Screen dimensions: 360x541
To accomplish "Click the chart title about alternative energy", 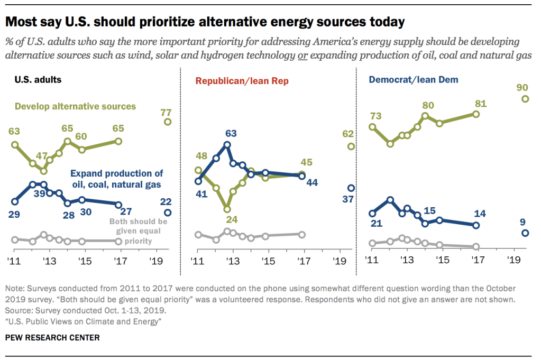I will tap(205, 22).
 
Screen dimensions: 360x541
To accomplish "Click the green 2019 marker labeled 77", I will tap(168, 122).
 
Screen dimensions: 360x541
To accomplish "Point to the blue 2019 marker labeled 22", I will tap(168, 213).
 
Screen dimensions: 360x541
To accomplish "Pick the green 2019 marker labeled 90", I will tap(525, 99).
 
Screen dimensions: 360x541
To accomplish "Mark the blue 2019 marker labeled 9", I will tap(525, 233).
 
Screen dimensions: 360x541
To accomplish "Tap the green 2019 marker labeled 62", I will tap(350, 146).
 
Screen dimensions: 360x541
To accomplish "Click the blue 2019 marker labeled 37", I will tap(350, 188).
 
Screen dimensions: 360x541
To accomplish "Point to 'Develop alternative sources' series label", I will tap(75, 106).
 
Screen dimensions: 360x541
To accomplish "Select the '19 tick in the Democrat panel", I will tap(511, 260).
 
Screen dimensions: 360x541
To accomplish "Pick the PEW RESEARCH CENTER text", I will tap(52, 337).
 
